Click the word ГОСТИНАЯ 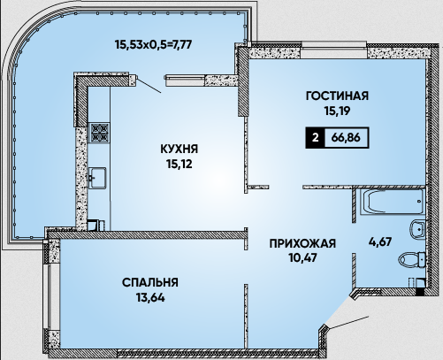pyautogui.click(x=337, y=96)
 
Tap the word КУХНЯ pyautogui.click(x=179, y=149)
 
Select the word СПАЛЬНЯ pyautogui.click(x=150, y=282)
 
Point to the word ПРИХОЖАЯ pyautogui.click(x=302, y=244)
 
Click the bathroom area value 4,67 pyautogui.click(x=380, y=241)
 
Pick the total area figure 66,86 pyautogui.click(x=346, y=137)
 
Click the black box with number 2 pyautogui.click(x=315, y=138)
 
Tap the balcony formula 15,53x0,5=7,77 pyautogui.click(x=154, y=45)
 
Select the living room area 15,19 pyautogui.click(x=337, y=111)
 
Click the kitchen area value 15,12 pyautogui.click(x=179, y=164)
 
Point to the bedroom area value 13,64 pyautogui.click(x=150, y=297)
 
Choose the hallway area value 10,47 pyautogui.click(x=302, y=258)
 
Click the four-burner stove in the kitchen pyautogui.click(x=100, y=133)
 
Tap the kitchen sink pyautogui.click(x=97, y=178)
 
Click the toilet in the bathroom pyautogui.click(x=412, y=259)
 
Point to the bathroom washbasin pyautogui.click(x=417, y=228)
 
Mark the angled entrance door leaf pyautogui.click(x=348, y=322)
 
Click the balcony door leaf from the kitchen pyautogui.click(x=149, y=85)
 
